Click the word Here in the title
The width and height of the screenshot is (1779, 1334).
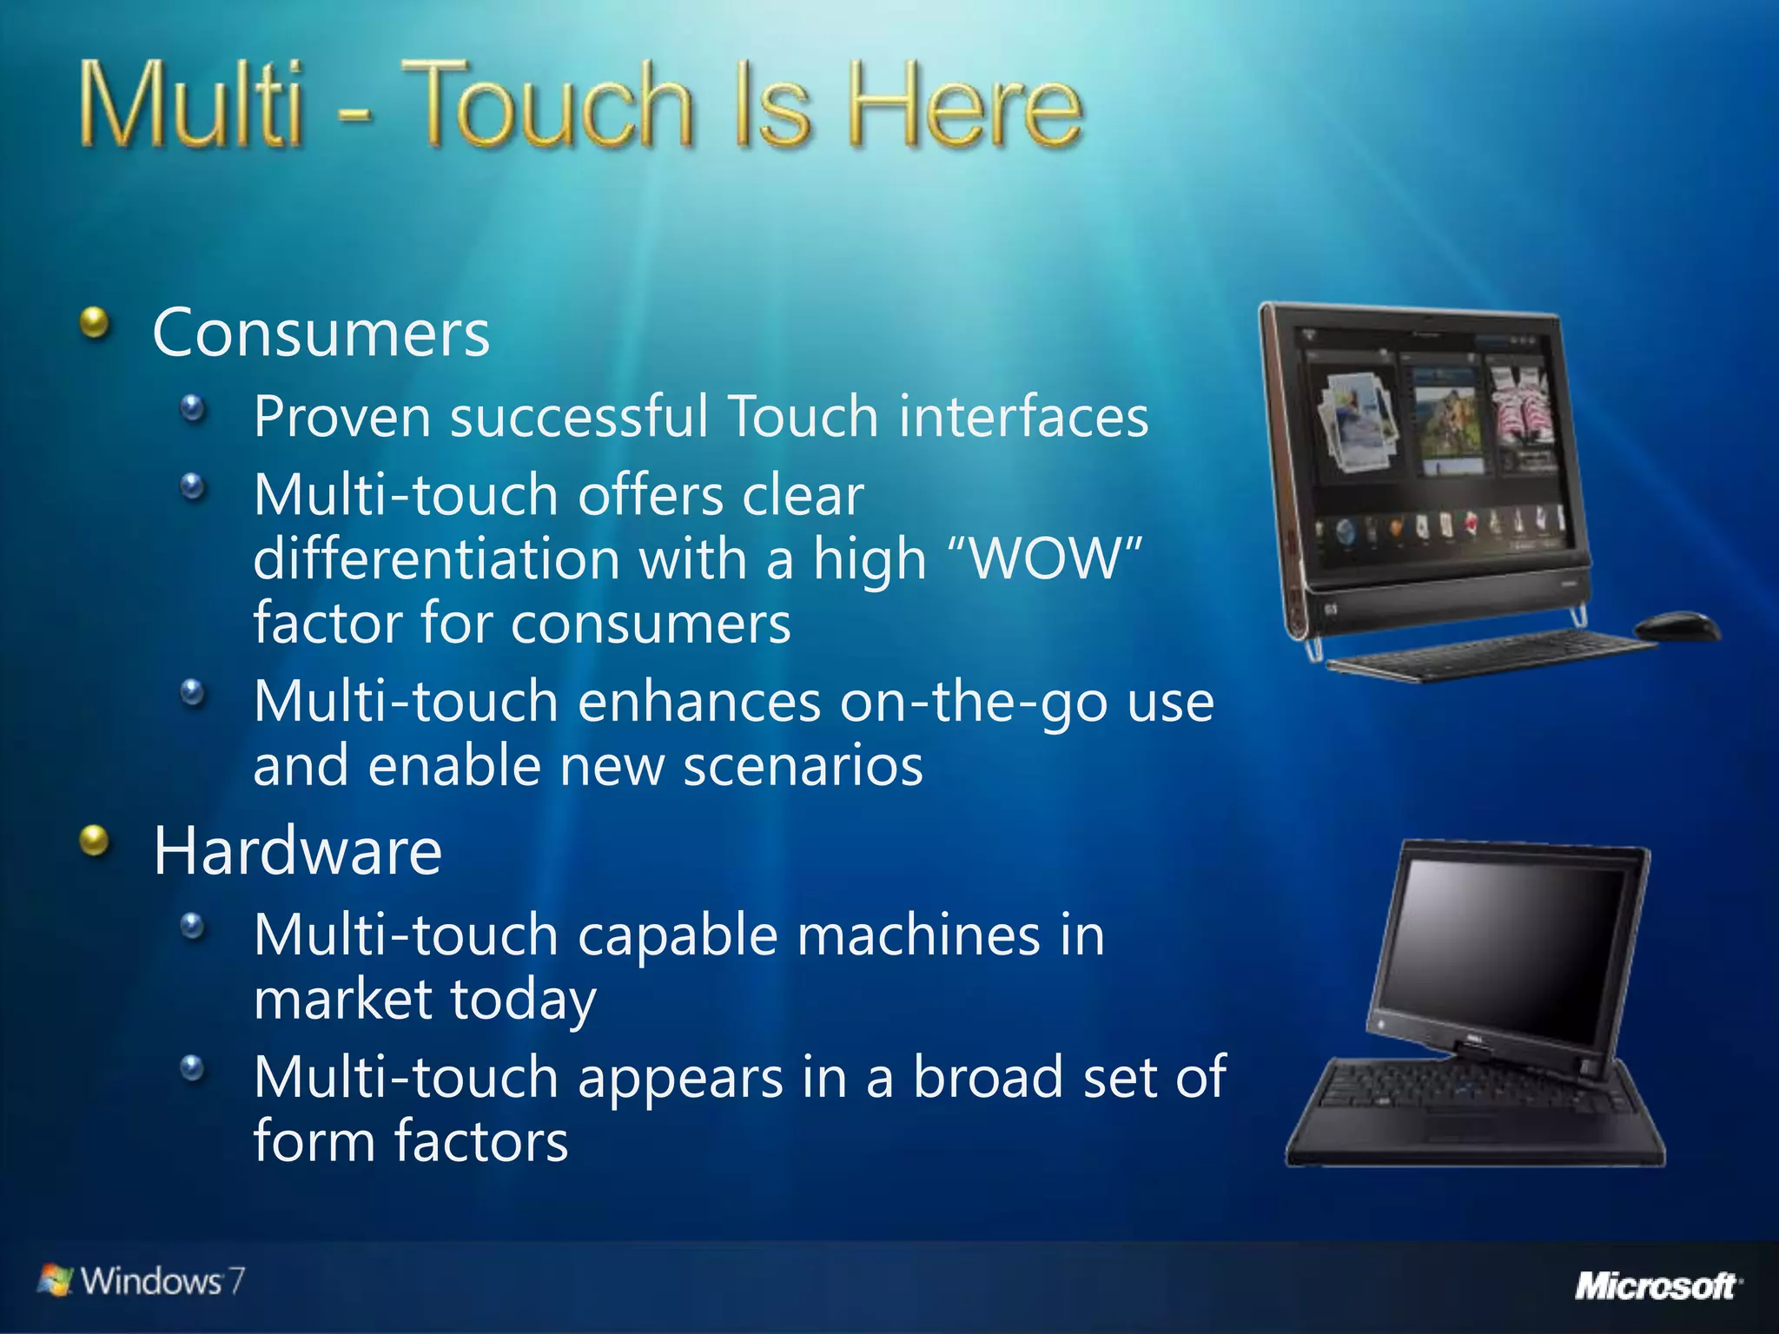(964, 106)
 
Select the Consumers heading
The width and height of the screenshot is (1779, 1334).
(321, 333)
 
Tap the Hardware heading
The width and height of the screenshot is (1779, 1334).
(297, 851)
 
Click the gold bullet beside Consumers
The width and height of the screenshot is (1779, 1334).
(95, 325)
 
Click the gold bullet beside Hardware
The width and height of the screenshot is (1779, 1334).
(95, 841)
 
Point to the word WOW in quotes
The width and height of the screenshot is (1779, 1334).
(1046, 558)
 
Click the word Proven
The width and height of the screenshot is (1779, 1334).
(342, 417)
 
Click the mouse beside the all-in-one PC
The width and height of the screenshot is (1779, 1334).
(1676, 625)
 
